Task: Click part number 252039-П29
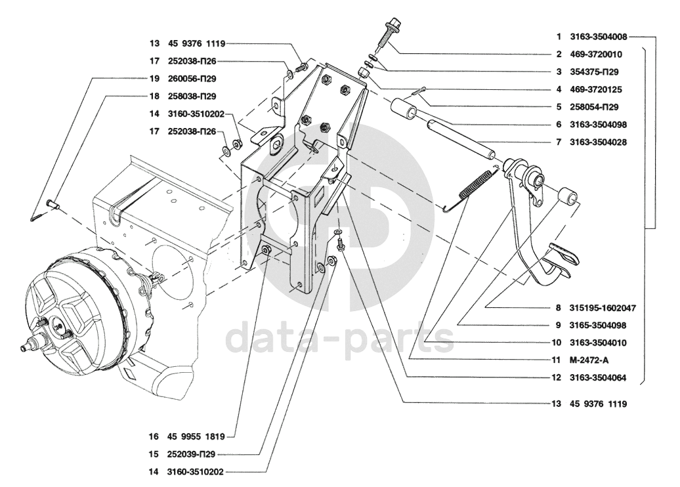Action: (192, 454)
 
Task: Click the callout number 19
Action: (154, 79)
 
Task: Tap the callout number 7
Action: (558, 141)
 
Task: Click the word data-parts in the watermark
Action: (339, 337)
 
